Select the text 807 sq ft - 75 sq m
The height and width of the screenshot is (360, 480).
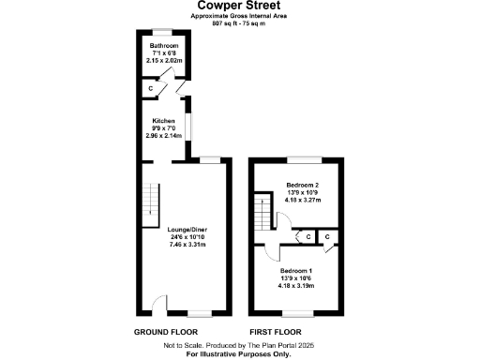coord(239,22)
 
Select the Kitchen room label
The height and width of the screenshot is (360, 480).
coord(164,122)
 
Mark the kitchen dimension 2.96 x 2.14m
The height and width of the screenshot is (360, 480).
coord(164,137)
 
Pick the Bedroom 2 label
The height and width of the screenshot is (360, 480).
coord(303,185)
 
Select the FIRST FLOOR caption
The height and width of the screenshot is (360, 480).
coord(275,332)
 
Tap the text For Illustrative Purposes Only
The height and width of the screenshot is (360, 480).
coord(239,353)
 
